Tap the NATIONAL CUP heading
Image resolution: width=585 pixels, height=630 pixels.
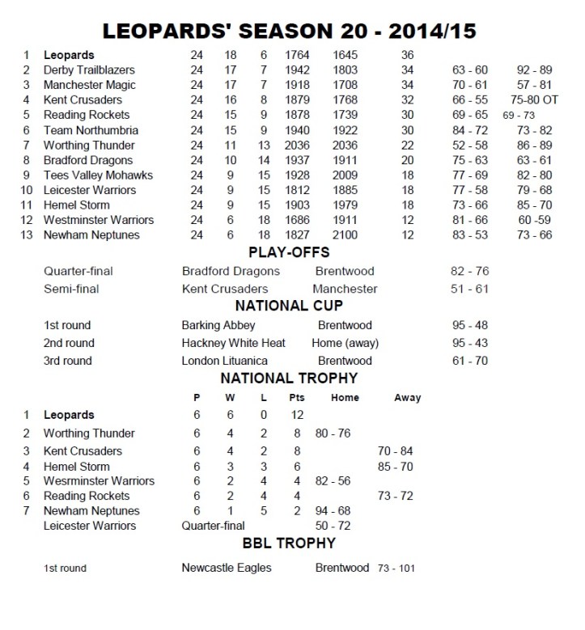pyautogui.click(x=289, y=306)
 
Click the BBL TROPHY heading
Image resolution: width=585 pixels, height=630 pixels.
pyautogui.click(x=289, y=546)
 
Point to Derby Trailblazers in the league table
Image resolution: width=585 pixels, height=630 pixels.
pyautogui.click(x=89, y=70)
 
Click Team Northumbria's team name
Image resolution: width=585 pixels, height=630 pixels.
pyautogui.click(x=91, y=130)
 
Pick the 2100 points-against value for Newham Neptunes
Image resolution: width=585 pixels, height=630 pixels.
pyautogui.click(x=348, y=235)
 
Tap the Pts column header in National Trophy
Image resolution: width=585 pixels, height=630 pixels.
pyautogui.click(x=297, y=398)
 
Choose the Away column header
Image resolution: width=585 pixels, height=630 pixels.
pyautogui.click(x=407, y=398)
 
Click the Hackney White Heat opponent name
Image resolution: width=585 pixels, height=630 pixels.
pyautogui.click(x=233, y=343)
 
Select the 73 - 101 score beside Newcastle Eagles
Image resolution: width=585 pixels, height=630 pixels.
pyautogui.click(x=396, y=569)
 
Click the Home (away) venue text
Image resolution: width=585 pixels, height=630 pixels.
pyautogui.click(x=345, y=343)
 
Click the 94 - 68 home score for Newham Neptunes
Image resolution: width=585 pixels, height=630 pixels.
pyautogui.click(x=333, y=511)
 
